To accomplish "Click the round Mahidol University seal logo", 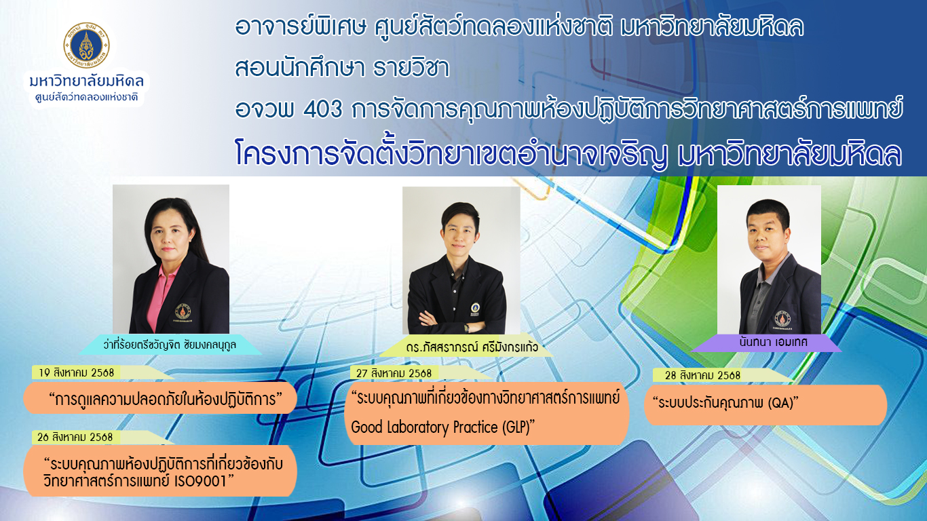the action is tap(86, 45).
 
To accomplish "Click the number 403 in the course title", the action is tap(323, 109).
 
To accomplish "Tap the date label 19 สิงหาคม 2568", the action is tap(76, 373).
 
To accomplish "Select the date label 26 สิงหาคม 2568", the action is tap(75, 438).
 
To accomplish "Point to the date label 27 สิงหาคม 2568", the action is tap(394, 374).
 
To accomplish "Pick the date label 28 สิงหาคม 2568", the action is tap(702, 376).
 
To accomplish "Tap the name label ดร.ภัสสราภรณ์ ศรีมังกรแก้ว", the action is tap(472, 347).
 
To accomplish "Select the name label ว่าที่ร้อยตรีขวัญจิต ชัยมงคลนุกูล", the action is tap(170, 345).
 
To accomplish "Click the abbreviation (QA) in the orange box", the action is tap(780, 403).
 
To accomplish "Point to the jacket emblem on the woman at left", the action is tap(183, 311).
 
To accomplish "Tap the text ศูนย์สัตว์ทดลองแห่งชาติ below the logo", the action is tap(86, 98).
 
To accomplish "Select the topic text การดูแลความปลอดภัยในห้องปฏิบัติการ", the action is tap(166, 400).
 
